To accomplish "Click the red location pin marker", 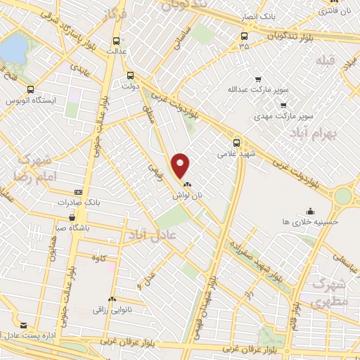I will [181, 165].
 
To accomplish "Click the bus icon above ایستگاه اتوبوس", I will [30, 89].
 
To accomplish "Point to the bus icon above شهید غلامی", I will [237, 141].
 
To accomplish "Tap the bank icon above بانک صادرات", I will [78, 191].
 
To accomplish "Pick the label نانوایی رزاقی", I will [112, 309].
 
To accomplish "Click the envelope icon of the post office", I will [24, 325].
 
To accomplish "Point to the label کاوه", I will [98, 258].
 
